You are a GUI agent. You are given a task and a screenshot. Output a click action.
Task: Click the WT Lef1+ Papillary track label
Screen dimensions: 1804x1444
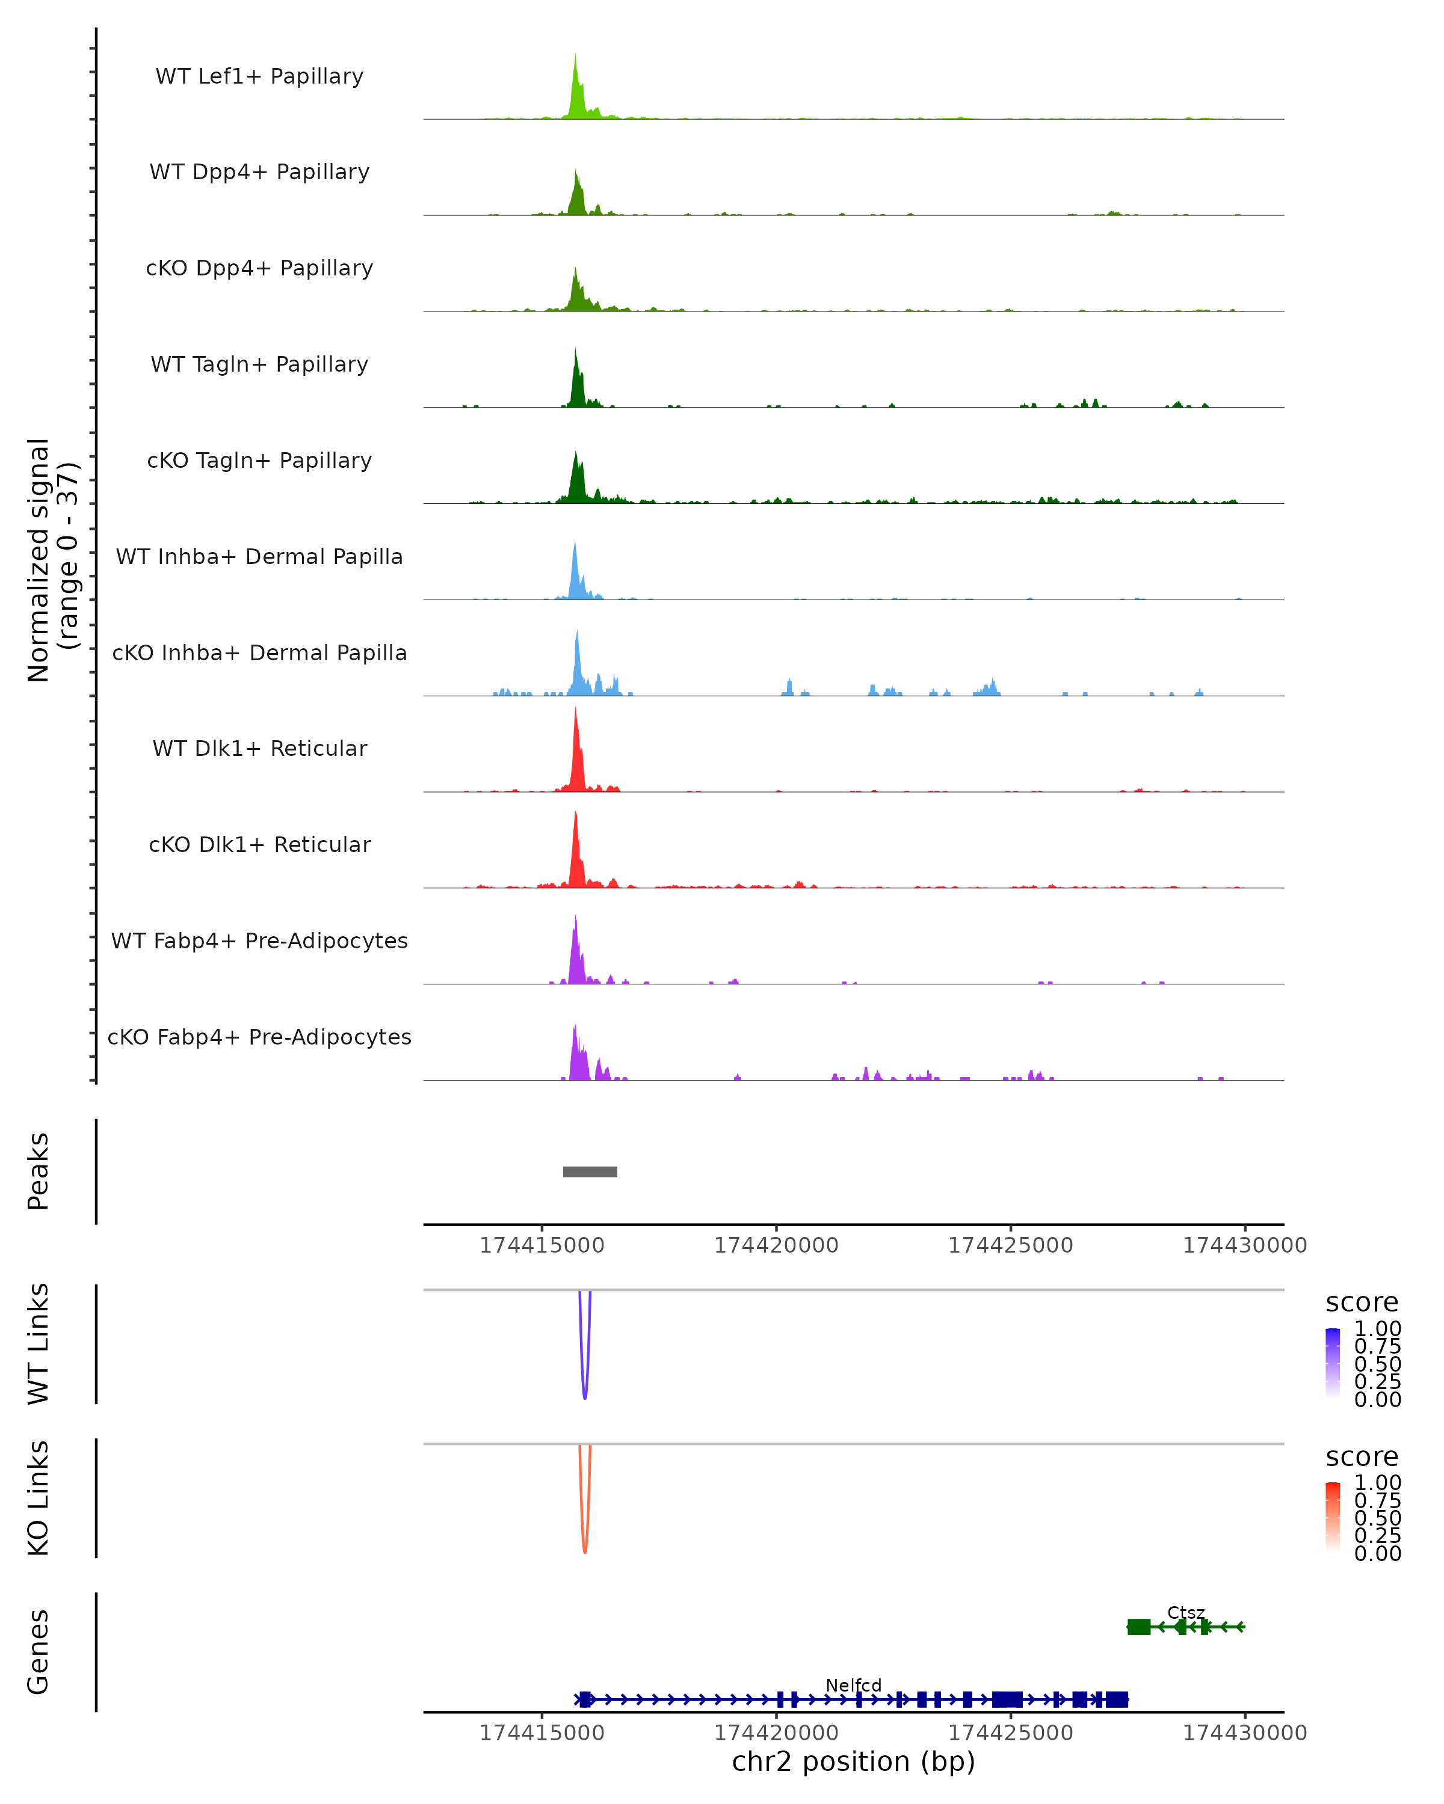coord(259,76)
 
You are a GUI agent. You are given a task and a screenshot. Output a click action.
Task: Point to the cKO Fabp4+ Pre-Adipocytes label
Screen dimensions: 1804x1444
coord(259,1037)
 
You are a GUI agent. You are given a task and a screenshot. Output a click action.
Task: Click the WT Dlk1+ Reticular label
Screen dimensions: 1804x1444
coord(259,748)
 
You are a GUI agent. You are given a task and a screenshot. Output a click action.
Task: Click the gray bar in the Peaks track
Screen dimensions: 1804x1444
coord(590,1171)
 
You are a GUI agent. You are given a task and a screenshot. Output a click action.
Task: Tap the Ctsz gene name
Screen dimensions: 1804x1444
coord(1185,1612)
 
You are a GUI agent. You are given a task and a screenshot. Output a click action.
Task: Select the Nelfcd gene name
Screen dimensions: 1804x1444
coord(853,1685)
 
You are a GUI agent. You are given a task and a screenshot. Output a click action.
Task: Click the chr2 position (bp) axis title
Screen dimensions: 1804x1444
coord(853,1761)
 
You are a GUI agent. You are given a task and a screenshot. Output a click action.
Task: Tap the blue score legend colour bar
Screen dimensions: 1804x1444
coord(1333,1362)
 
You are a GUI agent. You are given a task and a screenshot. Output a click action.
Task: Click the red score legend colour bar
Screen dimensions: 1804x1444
coord(1333,1516)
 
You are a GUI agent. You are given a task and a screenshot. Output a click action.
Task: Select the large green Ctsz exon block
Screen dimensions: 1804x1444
coord(1138,1627)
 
